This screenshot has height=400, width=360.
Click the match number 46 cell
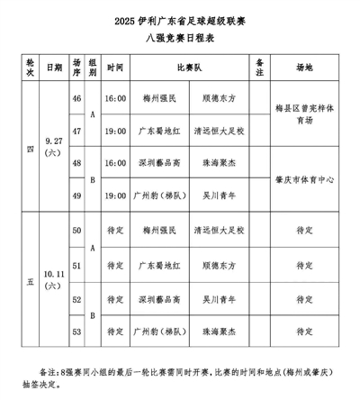(76, 96)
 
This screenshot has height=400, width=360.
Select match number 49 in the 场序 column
(76, 195)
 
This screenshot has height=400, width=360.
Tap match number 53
(76, 331)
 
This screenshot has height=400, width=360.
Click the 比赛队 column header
(185, 67)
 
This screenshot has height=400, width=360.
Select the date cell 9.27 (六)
(53, 146)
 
